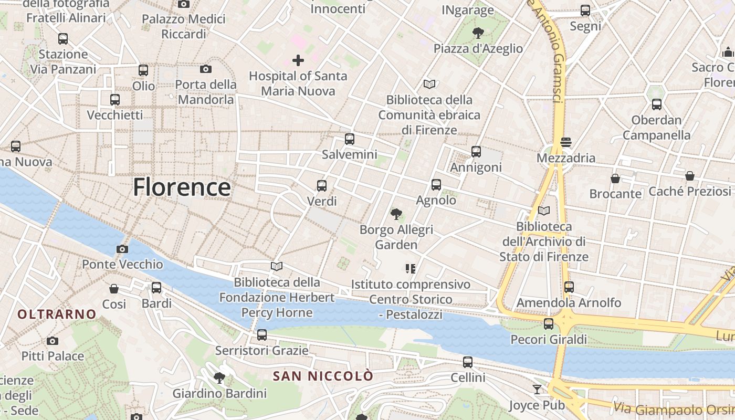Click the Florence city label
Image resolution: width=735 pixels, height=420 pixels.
click(x=182, y=187)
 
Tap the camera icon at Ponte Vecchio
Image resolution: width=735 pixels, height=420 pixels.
click(x=122, y=249)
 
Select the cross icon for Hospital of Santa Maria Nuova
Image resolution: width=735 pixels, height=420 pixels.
click(x=298, y=60)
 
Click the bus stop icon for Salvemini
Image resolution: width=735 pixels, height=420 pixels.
click(x=349, y=139)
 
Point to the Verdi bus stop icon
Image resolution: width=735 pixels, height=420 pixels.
click(x=321, y=185)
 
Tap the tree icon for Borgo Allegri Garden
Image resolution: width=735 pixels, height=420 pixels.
click(x=396, y=214)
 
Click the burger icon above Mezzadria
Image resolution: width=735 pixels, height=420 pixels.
click(x=565, y=142)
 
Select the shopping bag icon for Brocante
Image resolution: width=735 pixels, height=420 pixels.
click(x=615, y=178)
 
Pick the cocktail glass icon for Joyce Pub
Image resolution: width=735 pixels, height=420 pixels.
click(x=537, y=389)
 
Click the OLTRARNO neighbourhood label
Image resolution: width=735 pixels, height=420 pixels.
click(x=57, y=314)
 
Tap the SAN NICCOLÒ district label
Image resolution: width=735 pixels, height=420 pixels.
click(x=323, y=376)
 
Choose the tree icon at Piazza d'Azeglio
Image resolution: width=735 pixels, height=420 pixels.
click(x=478, y=33)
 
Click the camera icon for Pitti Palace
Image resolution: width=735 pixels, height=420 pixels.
click(x=52, y=341)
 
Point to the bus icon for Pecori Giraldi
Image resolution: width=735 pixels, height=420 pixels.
click(x=549, y=324)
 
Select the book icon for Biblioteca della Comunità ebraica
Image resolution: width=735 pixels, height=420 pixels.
click(x=429, y=84)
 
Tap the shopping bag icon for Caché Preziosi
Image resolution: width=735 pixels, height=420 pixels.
click(x=689, y=176)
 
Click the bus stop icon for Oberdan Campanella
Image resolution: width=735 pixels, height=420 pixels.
click(x=656, y=104)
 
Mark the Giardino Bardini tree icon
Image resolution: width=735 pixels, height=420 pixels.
click(x=219, y=377)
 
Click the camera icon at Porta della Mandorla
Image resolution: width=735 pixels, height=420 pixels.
click(x=206, y=69)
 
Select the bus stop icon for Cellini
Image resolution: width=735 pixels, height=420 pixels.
click(x=467, y=362)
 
